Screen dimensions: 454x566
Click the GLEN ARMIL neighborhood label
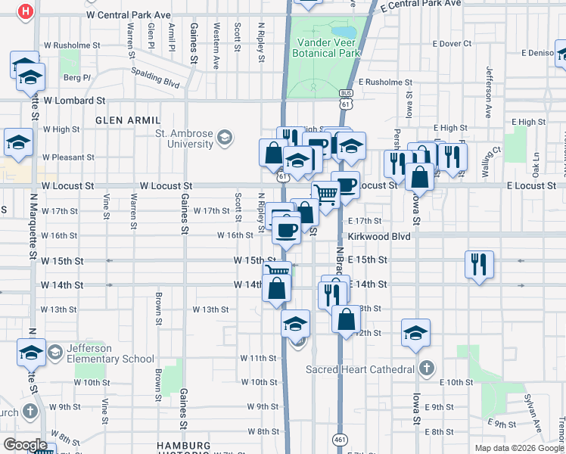point(128,120)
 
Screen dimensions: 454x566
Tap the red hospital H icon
point(26,12)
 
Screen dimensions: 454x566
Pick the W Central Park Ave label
point(129,14)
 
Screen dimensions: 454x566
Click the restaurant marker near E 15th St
point(479,264)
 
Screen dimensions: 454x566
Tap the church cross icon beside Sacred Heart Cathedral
point(426,369)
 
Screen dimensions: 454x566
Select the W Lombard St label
point(73,100)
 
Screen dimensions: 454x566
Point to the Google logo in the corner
point(25,445)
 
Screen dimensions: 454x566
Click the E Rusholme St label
point(385,82)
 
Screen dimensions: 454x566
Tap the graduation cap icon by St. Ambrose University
point(225,138)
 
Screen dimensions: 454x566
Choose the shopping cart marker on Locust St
point(325,194)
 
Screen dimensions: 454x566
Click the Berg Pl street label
point(77,77)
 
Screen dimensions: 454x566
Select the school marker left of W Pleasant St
point(17,141)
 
